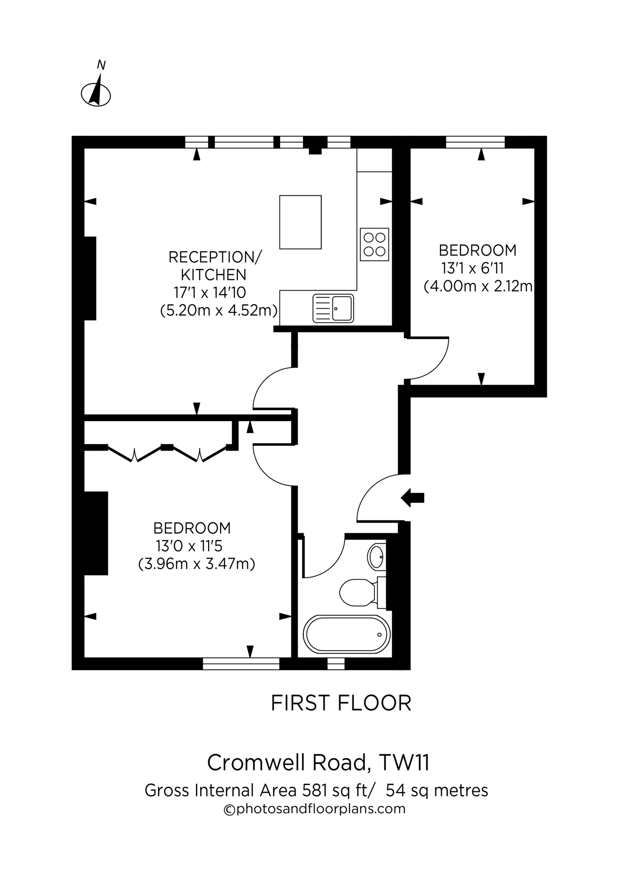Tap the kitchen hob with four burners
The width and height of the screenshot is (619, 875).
point(374,244)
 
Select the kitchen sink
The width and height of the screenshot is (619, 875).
point(333,308)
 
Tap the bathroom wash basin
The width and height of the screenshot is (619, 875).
point(377,557)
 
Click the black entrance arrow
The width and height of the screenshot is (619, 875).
point(413,498)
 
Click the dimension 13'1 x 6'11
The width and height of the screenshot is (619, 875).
point(473,268)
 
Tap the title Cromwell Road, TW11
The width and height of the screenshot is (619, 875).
point(318,763)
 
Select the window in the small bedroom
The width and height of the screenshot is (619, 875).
point(475,142)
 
